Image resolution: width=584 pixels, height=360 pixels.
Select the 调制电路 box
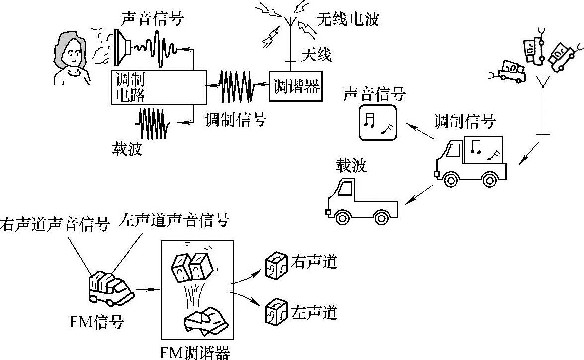pos(158,87)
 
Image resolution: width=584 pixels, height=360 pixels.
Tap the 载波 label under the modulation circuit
pos(127,148)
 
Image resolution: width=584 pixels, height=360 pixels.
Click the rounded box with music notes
pos(378,122)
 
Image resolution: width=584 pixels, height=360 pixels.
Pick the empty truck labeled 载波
pos(363,201)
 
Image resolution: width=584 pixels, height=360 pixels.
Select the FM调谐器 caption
pos(195,352)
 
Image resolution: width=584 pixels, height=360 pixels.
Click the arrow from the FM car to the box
pos(147,288)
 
